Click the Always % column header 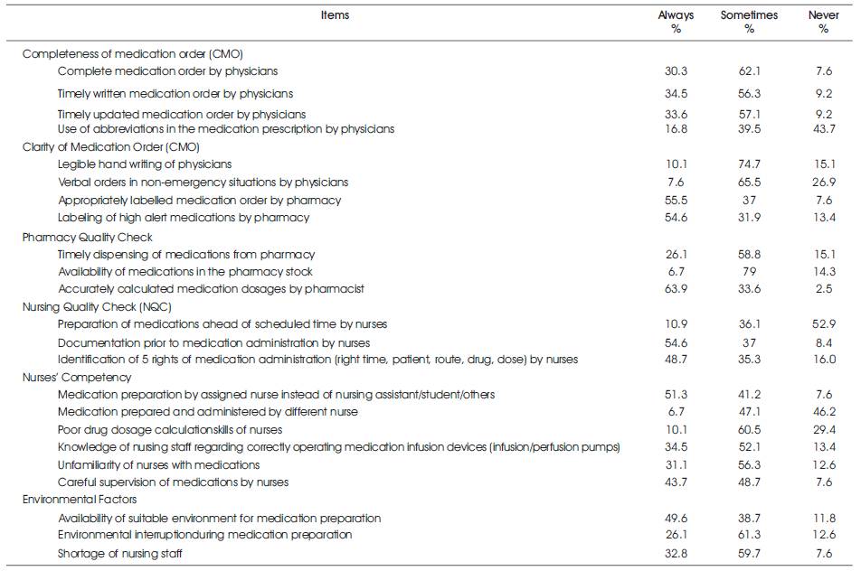click(676, 22)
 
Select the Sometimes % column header click(749, 22)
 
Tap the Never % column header click(824, 22)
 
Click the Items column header click(335, 15)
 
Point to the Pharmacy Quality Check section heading click(88, 238)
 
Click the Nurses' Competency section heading click(77, 378)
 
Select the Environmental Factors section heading click(80, 499)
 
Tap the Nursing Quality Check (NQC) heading click(97, 307)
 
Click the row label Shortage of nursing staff click(119, 554)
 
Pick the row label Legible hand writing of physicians click(145, 164)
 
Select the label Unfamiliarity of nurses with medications click(158, 464)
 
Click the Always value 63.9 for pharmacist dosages click(676, 288)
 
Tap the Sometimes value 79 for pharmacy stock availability click(749, 272)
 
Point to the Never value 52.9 click(824, 324)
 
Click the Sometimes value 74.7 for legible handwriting click(749, 164)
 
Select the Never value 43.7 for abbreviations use click(824, 129)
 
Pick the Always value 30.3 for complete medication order click(676, 70)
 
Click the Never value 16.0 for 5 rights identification click(824, 360)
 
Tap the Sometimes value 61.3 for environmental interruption click(749, 534)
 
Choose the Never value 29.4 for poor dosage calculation click(824, 429)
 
